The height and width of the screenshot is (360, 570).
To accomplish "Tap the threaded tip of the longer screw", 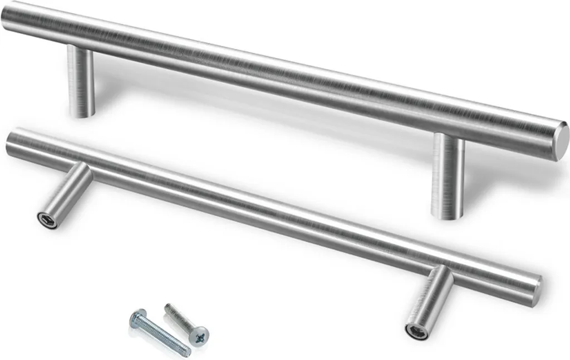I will click(186, 352).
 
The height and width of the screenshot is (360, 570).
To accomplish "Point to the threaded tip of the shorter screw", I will click(167, 307).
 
